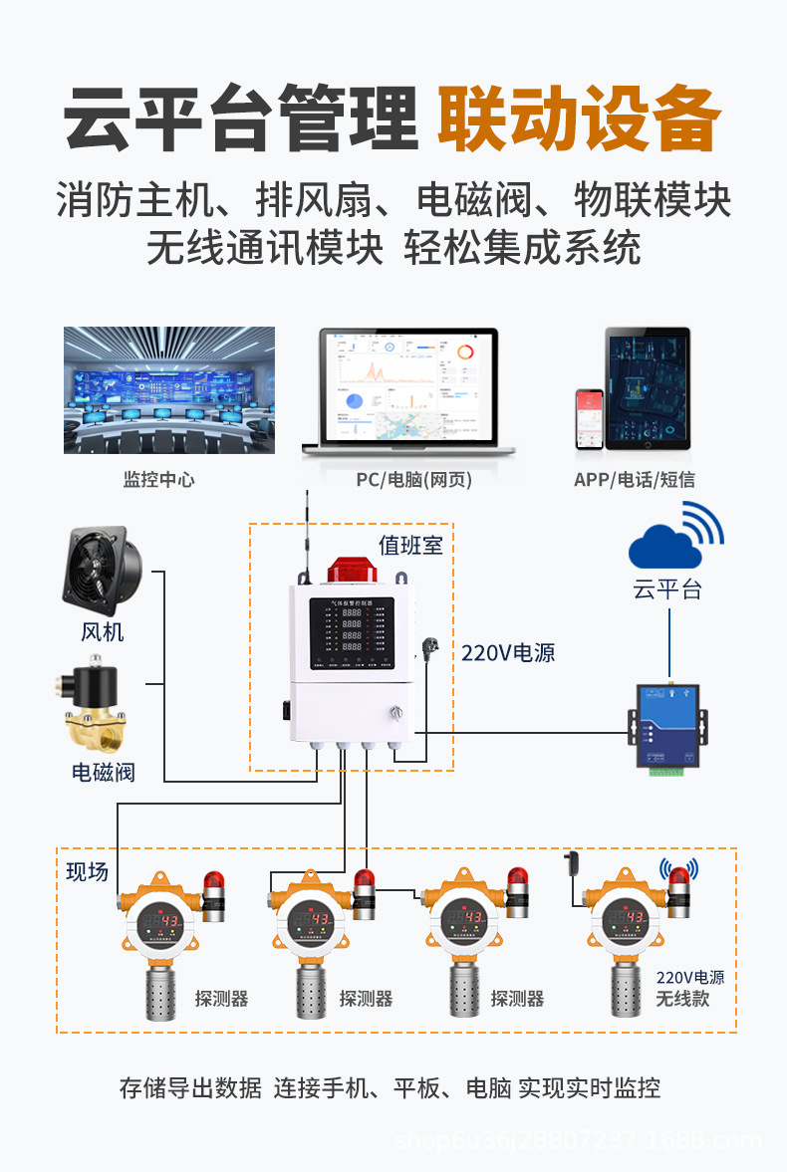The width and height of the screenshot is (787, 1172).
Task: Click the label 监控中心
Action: point(158,480)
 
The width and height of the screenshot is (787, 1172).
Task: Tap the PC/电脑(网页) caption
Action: point(414,480)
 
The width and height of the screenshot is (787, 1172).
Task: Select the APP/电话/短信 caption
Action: point(635,480)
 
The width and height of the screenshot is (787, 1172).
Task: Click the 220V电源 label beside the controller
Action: point(508,654)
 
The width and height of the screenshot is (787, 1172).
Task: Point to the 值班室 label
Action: point(410,546)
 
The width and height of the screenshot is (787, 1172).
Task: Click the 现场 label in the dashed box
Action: point(87,872)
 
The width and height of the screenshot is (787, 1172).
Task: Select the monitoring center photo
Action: point(169,389)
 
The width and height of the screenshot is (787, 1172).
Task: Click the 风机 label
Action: point(103,632)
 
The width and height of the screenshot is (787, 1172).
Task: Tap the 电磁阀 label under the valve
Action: point(103,772)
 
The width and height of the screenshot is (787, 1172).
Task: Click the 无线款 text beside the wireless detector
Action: point(682,998)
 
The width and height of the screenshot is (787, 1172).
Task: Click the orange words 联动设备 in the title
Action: point(578,120)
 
